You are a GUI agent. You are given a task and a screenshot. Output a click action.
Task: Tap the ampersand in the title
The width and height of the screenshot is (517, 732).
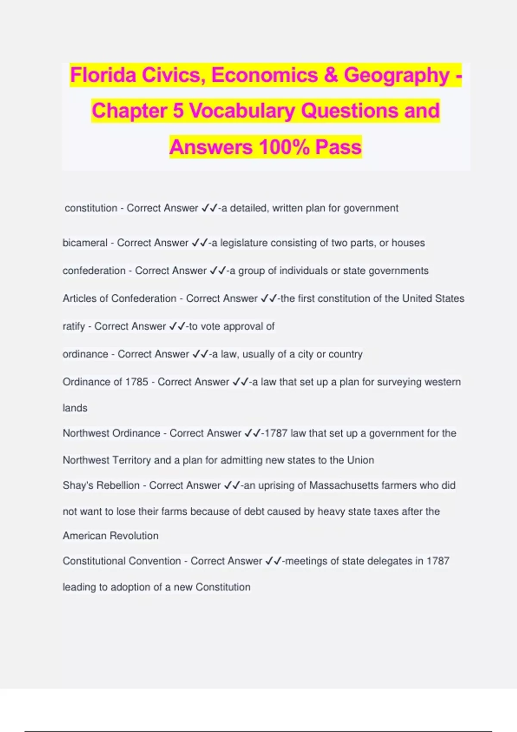pos(330,75)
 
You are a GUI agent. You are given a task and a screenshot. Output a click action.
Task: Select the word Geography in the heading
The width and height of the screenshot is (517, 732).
pos(396,75)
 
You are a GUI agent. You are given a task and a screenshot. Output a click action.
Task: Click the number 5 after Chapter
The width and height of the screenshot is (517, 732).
pos(178,111)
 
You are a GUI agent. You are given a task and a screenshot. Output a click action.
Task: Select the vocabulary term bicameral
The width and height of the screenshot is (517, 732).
pos(85,243)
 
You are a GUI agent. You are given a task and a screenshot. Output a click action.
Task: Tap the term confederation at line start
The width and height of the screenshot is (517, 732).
pos(94,271)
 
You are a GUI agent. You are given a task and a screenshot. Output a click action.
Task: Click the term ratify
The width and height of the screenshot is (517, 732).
pos(74,326)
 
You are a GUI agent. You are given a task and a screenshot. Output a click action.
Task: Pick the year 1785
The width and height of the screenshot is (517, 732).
pos(136,382)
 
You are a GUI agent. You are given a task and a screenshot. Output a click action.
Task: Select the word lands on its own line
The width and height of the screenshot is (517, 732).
pos(75,408)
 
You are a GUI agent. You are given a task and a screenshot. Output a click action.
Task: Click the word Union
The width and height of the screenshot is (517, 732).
pos(361,460)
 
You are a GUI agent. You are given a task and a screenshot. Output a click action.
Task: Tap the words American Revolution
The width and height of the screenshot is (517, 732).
pos(111,536)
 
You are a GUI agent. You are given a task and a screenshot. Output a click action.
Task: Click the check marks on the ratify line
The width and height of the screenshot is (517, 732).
pos(178,326)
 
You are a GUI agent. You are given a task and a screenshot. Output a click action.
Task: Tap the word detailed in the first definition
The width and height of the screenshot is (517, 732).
pos(248,208)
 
